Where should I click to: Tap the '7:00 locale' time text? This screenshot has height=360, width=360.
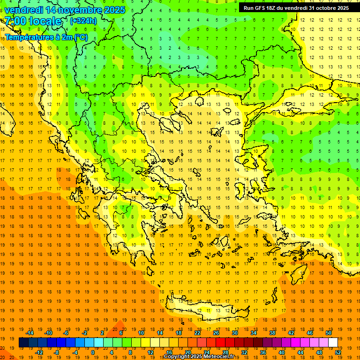[33, 21]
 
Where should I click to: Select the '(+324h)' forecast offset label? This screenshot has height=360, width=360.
[83, 21]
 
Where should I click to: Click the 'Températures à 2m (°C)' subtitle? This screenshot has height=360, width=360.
[46, 37]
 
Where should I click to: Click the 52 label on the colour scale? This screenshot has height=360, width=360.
[337, 352]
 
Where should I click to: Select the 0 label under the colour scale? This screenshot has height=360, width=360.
[93, 352]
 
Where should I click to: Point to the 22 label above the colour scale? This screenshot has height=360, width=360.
[197, 333]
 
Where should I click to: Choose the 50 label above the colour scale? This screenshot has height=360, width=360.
[328, 333]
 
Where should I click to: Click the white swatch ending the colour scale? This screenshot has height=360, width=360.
[333, 343]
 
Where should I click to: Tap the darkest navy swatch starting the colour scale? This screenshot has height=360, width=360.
[23, 343]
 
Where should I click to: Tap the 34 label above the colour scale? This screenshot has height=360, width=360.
[254, 333]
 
